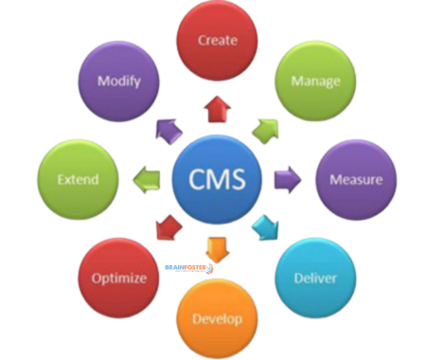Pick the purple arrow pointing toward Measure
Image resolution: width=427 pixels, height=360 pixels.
[x=287, y=179]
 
